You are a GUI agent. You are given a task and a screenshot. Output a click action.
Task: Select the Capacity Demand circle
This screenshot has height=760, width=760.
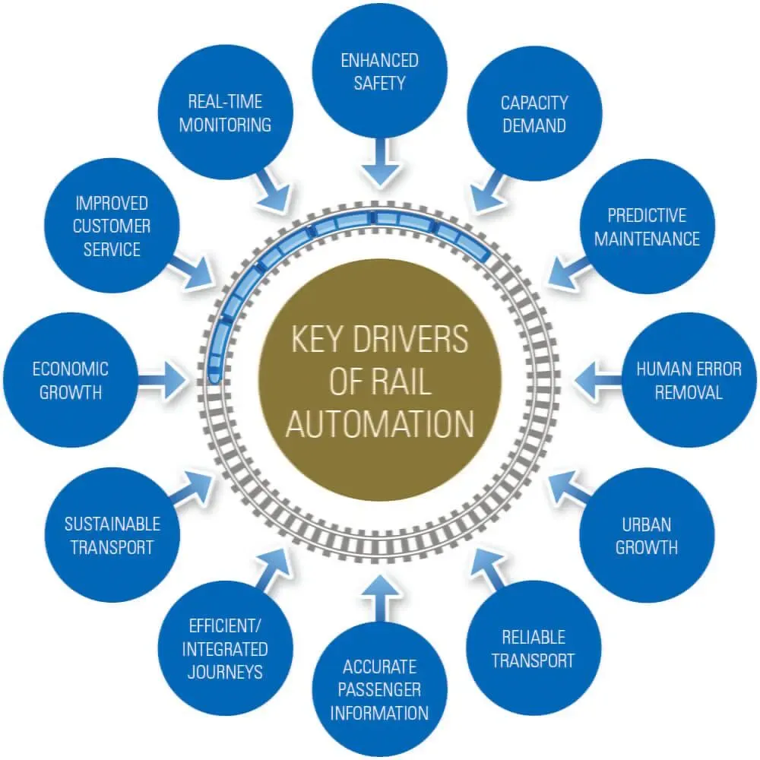(x=534, y=114)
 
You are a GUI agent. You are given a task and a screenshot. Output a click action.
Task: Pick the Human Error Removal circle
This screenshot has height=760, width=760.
(x=689, y=381)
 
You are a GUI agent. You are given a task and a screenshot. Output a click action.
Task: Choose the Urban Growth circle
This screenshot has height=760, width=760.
(x=647, y=535)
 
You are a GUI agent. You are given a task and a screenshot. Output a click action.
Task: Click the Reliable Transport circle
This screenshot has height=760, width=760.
(x=533, y=648)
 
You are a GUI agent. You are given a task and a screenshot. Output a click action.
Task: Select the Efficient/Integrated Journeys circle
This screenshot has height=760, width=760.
(x=226, y=648)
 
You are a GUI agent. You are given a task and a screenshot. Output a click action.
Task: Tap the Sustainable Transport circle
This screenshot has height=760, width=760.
(x=112, y=535)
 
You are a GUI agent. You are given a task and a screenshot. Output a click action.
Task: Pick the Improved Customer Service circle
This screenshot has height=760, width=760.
(x=112, y=226)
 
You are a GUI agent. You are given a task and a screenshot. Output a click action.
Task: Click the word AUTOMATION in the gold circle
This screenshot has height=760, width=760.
(x=379, y=423)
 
